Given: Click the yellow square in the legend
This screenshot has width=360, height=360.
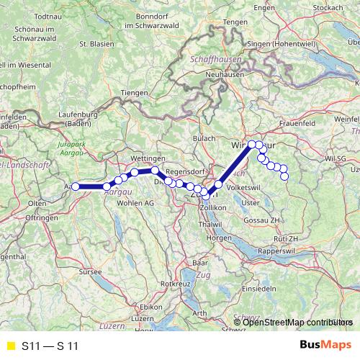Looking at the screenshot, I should pyautogui.click(x=9, y=346).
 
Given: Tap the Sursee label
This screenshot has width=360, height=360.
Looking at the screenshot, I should pyautogui.click(x=91, y=274).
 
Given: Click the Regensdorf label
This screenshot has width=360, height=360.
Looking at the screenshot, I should pyautogui.click(x=186, y=172).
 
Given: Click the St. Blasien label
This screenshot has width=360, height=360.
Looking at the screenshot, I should pyautogui.click(x=94, y=43).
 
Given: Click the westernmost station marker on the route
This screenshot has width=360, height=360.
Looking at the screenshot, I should pyautogui.click(x=76, y=186).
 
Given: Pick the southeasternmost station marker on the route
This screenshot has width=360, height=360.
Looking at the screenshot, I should pyautogui.click(x=284, y=176).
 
